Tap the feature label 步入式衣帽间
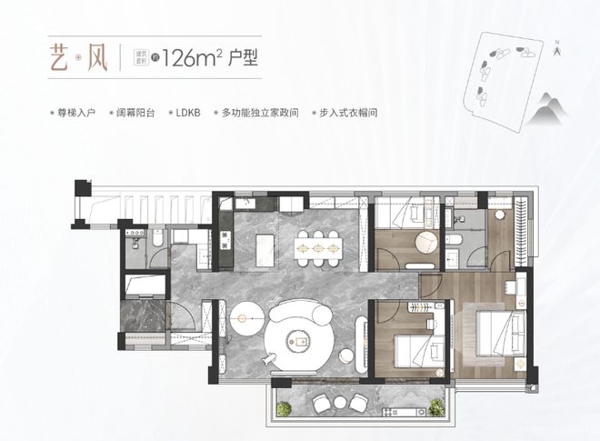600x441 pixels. click(345, 114)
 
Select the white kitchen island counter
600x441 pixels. click(265, 246)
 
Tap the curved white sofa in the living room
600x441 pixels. click(299, 327)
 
